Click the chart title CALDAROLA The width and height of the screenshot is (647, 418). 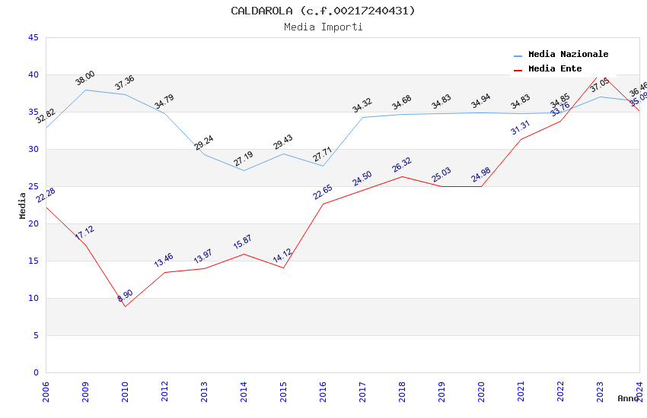(323, 11)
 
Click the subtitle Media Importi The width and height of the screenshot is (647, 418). (323, 27)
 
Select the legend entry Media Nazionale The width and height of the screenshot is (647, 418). (568, 54)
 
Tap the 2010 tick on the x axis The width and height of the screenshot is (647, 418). (125, 394)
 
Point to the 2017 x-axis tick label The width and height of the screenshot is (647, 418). (362, 394)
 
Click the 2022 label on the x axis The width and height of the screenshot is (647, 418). (560, 394)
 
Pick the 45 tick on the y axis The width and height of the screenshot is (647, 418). (33, 37)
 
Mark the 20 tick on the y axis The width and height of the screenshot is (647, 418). (33, 223)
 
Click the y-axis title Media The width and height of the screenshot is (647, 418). (23, 205)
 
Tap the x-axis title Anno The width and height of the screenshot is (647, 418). (628, 398)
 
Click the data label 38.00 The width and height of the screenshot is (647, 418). (84, 78)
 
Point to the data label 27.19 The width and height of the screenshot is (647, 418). (244, 159)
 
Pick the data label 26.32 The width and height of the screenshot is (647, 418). (402, 164)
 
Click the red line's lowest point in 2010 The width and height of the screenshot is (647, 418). (125, 306)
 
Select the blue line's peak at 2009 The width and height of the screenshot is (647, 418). (85, 90)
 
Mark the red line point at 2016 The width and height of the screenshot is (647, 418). (323, 204)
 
